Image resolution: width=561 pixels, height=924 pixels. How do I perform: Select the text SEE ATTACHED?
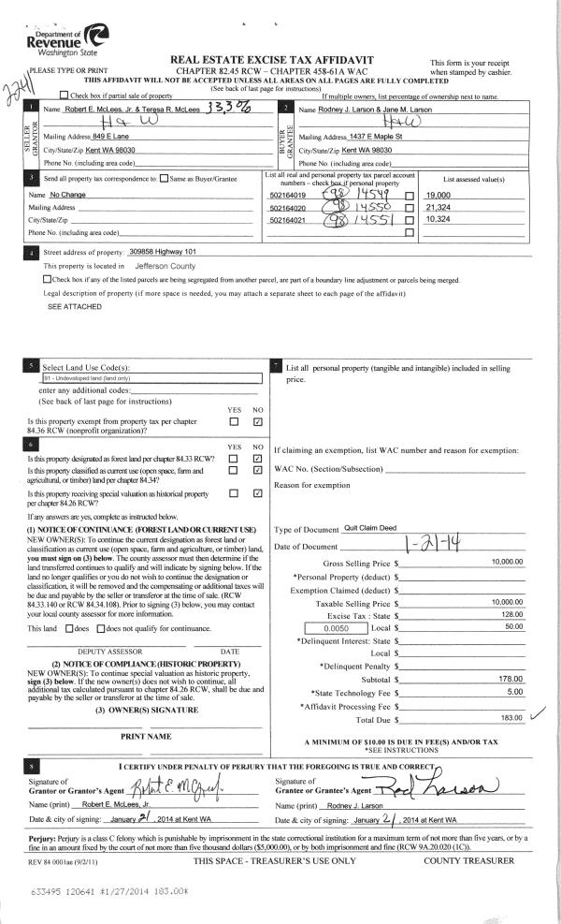point(68,306)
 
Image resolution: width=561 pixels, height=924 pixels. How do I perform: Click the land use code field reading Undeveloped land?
point(113,378)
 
